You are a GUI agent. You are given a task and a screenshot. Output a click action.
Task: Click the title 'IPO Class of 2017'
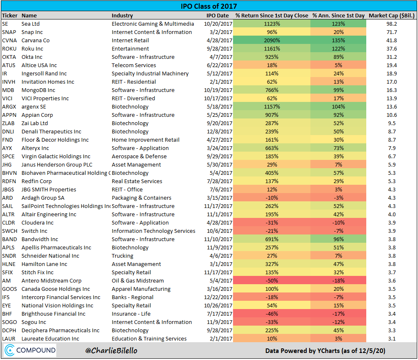click(209, 7)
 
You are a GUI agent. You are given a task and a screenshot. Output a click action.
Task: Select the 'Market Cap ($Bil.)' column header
click(392, 15)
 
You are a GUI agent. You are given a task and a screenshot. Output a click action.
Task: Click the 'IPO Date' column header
click(217, 15)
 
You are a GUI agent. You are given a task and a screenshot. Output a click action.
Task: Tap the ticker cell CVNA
click(9, 40)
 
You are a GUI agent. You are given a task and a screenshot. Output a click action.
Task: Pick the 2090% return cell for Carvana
click(271, 40)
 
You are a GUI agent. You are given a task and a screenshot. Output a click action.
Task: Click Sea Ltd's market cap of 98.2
click(392, 24)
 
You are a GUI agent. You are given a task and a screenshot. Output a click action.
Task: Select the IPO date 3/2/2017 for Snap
click(217, 32)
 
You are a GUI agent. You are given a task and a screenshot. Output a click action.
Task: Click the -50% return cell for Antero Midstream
click(271, 280)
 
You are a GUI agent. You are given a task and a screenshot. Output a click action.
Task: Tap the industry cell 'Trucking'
click(123, 256)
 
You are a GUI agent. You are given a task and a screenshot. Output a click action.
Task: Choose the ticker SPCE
click(9, 156)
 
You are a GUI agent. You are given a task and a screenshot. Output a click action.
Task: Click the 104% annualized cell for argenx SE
click(339, 106)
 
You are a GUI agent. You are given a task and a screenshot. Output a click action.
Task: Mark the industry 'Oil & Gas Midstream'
click(138, 280)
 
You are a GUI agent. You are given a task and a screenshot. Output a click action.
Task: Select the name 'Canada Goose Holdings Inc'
click(55, 289)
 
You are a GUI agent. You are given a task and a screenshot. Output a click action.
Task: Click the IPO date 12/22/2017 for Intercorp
click(217, 297)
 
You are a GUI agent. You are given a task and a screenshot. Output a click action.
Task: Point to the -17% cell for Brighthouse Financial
click(339, 314)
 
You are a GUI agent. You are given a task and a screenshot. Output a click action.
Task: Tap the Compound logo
click(30, 350)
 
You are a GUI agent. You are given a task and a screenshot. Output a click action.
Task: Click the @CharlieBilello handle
click(111, 351)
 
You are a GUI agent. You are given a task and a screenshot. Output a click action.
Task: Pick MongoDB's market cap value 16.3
click(392, 90)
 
